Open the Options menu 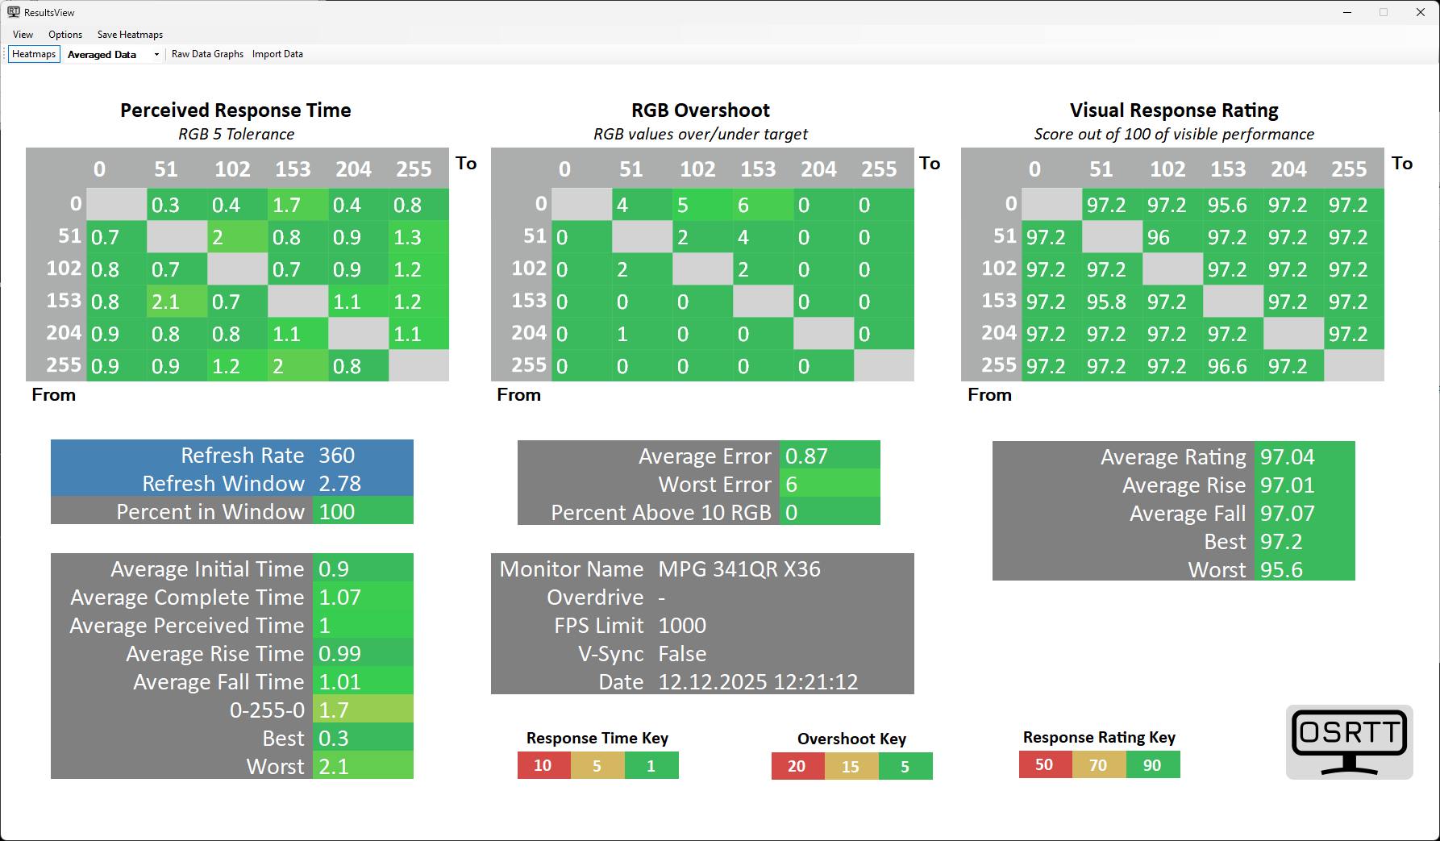click(x=65, y=35)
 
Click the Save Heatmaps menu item click(x=130, y=35)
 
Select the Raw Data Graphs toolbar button click(x=207, y=54)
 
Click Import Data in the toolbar click(x=277, y=54)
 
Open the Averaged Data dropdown click(x=156, y=55)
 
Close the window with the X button click(x=1421, y=12)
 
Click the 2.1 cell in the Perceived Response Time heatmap click(x=177, y=302)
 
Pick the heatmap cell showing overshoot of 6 click(x=762, y=205)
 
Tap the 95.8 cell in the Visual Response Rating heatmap click(x=1112, y=302)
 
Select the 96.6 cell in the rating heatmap click(x=1233, y=366)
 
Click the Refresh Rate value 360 click(x=337, y=456)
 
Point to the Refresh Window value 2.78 click(x=339, y=484)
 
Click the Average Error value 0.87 click(x=806, y=456)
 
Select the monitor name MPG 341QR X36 click(x=739, y=569)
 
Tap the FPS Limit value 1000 click(x=682, y=626)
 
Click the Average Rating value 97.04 click(x=1288, y=457)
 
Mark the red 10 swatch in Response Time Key click(x=543, y=765)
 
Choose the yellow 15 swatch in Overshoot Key click(x=851, y=766)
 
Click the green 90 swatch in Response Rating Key click(x=1152, y=764)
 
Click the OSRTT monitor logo click(x=1349, y=742)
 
